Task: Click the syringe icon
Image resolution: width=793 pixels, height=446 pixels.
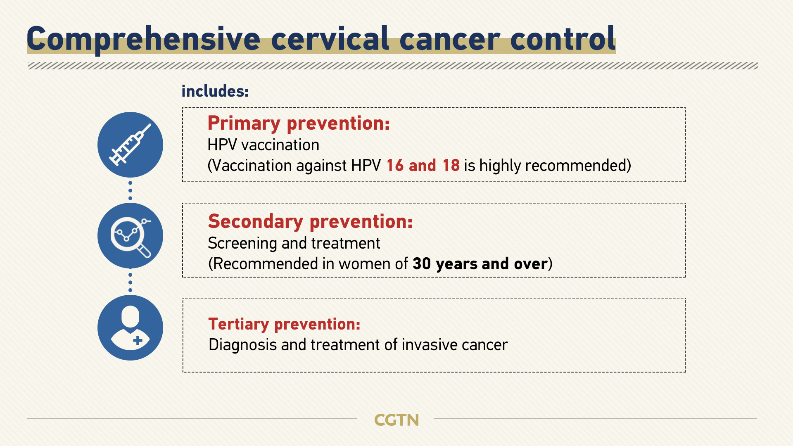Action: tap(130, 145)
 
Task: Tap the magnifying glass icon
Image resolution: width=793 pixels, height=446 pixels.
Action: tap(131, 236)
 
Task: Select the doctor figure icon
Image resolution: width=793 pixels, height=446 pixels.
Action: tap(130, 327)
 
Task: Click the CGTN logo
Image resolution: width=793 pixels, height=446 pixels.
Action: tap(396, 420)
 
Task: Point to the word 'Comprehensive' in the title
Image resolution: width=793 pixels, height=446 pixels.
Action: tap(143, 39)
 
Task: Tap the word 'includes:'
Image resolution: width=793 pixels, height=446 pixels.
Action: tap(215, 91)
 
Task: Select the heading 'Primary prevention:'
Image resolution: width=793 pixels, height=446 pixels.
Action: tap(299, 123)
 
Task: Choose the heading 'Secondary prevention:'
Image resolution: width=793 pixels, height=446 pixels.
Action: tap(310, 221)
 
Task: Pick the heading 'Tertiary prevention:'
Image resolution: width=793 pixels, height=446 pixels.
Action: tap(284, 324)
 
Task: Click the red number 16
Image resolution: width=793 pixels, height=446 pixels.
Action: tap(395, 166)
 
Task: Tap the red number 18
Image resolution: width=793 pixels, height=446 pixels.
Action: tap(451, 166)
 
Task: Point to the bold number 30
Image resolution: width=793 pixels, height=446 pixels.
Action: tap(422, 264)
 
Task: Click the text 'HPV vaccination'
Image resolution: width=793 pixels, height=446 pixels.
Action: tap(263, 145)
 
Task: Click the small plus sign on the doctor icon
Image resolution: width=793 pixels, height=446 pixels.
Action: tap(138, 341)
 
